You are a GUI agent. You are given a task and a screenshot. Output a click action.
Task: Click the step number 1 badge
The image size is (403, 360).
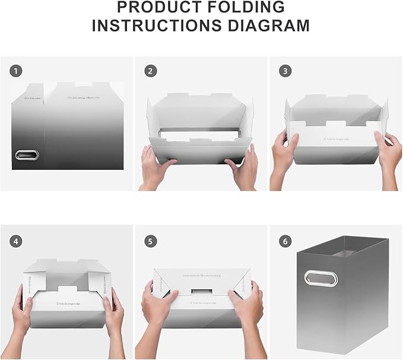coord(16,71)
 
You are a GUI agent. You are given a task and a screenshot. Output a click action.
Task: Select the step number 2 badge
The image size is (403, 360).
coord(151,71)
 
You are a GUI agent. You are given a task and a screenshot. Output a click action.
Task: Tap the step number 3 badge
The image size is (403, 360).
coord(285,71)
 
